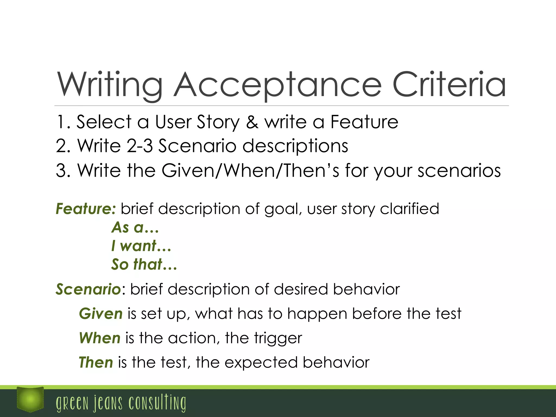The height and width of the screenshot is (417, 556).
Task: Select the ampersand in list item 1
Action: [252, 122]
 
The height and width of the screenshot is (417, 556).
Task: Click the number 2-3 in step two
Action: [140, 146]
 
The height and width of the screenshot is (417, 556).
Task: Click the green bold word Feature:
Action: [86, 209]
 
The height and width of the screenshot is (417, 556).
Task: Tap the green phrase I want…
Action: [141, 246]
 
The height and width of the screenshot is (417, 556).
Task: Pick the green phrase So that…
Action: [144, 264]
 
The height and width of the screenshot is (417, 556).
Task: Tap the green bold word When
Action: [100, 338]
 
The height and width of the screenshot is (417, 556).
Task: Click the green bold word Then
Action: [96, 363]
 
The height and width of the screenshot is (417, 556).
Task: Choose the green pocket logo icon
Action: [30, 399]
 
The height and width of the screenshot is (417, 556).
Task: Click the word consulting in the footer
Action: [157, 403]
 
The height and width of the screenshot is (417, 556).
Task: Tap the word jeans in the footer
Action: [108, 403]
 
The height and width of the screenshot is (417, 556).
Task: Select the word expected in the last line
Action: [261, 363]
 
